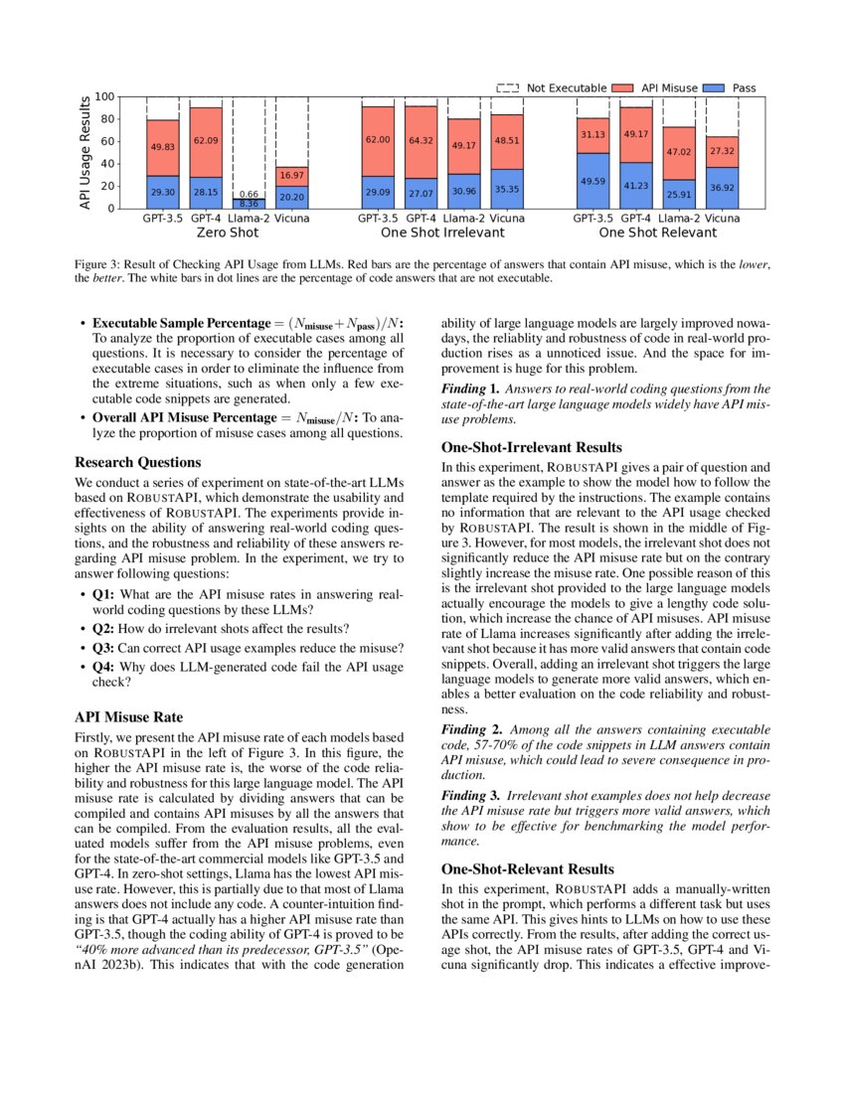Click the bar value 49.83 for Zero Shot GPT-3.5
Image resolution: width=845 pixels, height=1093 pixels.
coord(163,147)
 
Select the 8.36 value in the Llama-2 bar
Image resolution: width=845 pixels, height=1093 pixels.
coord(249,204)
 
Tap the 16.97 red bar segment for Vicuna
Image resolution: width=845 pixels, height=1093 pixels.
coord(291,176)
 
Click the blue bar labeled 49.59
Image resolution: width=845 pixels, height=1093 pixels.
coord(593,181)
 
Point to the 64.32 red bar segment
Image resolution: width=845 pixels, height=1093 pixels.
coord(422,141)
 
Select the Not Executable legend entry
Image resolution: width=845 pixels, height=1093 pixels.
coord(552,88)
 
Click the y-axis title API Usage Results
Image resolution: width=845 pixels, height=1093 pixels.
coord(86,152)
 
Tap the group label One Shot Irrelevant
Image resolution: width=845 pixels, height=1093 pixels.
coord(442,233)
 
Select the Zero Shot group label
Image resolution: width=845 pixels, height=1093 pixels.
coord(228,233)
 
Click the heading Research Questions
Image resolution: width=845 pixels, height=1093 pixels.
coord(138,462)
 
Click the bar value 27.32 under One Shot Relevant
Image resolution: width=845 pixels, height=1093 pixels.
coord(723,151)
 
